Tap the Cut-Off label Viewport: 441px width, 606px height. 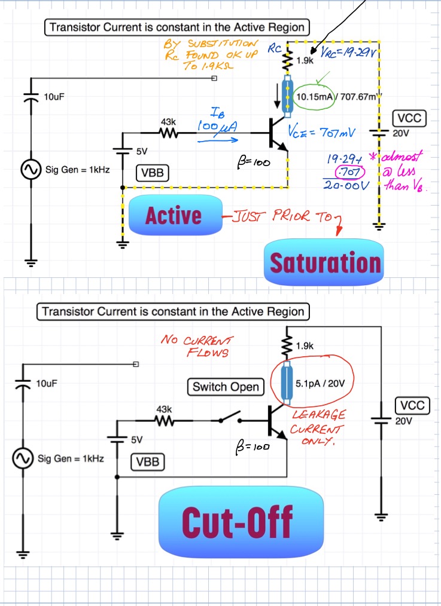pos(237,520)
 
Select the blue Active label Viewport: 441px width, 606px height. pos(174,215)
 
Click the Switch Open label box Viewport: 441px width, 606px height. pos(226,387)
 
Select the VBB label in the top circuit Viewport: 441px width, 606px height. pos(153,174)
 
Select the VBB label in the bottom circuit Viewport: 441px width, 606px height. pos(148,462)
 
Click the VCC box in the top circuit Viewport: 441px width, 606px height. pos(409,118)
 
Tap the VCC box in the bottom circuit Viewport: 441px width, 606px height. pos(412,406)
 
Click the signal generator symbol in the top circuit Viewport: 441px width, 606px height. pos(29,170)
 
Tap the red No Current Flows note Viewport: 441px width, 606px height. pos(197,346)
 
